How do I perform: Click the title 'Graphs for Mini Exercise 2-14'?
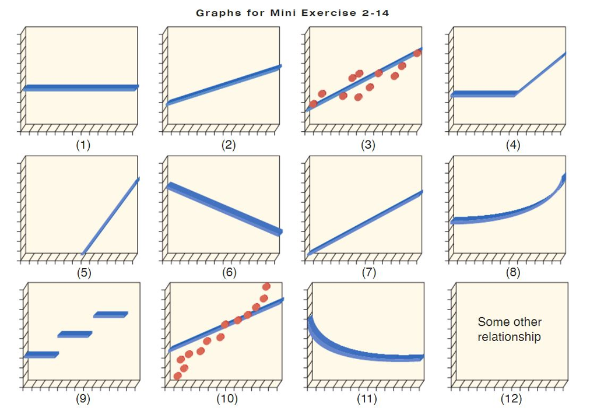(x=292, y=13)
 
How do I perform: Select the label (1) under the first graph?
(x=84, y=145)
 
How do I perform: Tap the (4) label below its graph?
(x=512, y=145)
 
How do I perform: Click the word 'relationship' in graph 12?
(x=509, y=337)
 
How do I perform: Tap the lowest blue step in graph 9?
(x=41, y=354)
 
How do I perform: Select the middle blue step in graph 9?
(x=75, y=334)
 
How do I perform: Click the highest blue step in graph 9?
(x=110, y=315)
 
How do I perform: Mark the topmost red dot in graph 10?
(x=266, y=286)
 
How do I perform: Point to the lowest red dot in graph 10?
(x=177, y=376)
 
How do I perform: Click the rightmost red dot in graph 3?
(x=417, y=53)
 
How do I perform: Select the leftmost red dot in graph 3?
(x=313, y=104)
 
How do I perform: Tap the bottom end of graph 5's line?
(x=83, y=254)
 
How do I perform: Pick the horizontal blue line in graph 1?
(x=80, y=88)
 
